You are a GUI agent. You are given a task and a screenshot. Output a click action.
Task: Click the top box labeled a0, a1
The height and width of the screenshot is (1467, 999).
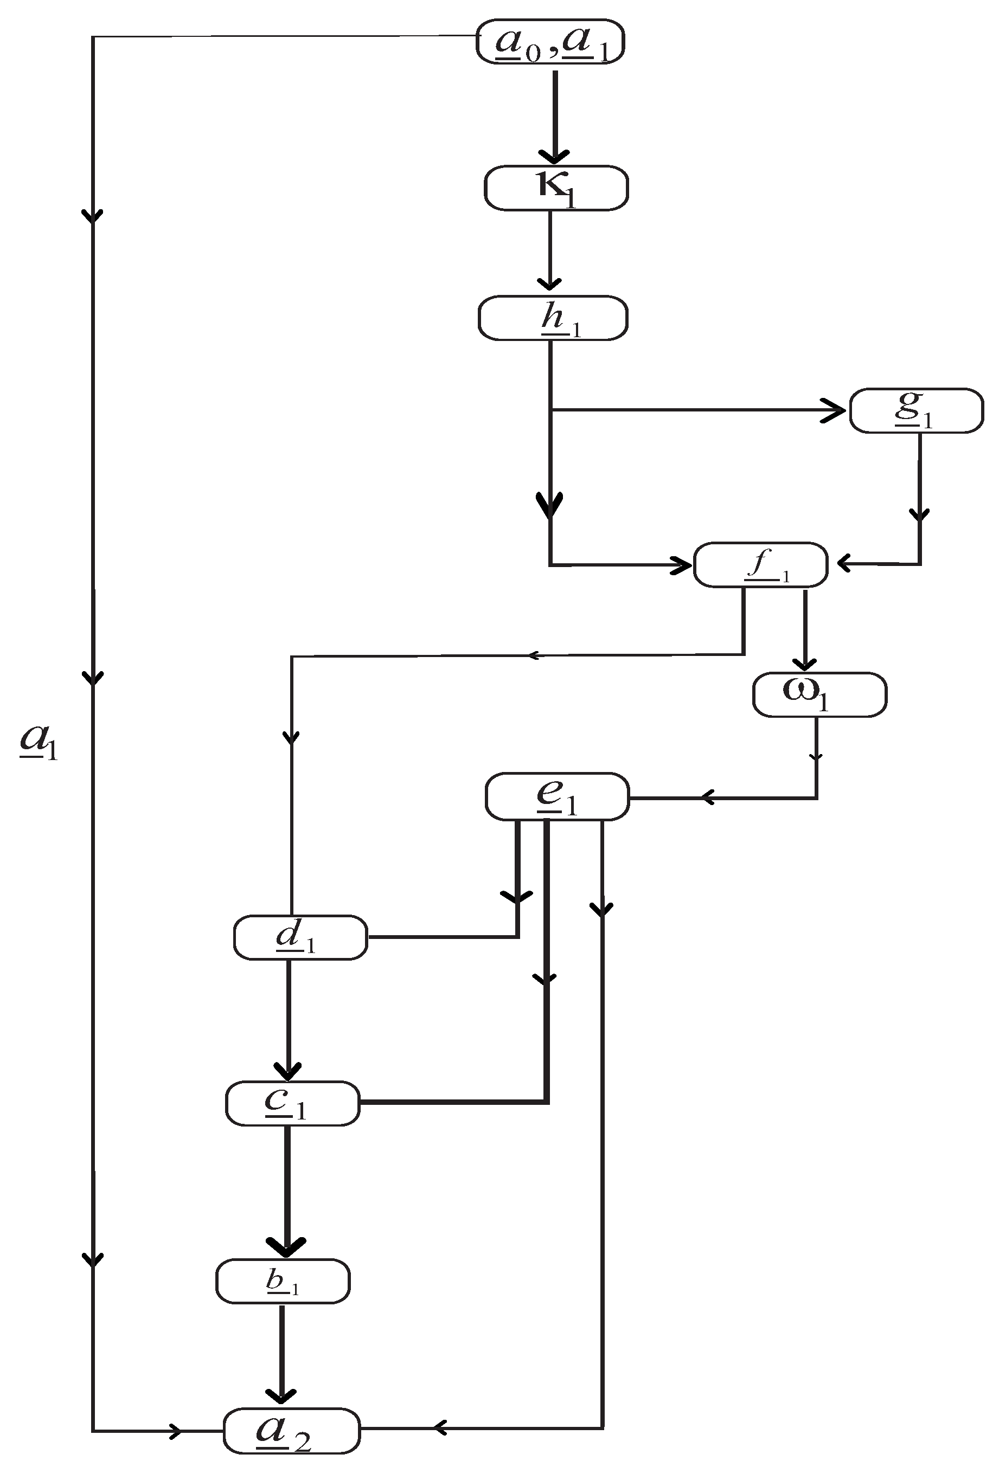(x=550, y=42)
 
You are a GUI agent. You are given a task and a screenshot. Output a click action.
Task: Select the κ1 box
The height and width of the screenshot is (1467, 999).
(x=556, y=188)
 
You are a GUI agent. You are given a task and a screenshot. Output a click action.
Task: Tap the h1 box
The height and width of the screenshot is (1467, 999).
(x=553, y=318)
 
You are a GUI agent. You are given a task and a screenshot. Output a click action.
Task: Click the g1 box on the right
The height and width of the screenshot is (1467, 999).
(x=916, y=411)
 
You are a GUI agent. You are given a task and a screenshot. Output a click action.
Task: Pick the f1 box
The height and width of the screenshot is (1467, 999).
(x=760, y=565)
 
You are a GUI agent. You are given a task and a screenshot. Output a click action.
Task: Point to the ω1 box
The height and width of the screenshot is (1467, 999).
(x=819, y=694)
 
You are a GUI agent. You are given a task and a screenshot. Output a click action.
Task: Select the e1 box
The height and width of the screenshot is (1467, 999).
(x=557, y=796)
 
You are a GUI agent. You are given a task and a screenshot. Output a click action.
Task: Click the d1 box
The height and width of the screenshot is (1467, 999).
(x=300, y=937)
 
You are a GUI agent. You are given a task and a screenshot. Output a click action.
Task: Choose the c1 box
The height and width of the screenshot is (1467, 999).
(x=292, y=1103)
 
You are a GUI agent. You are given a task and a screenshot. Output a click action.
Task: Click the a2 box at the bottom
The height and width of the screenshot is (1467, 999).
(x=291, y=1430)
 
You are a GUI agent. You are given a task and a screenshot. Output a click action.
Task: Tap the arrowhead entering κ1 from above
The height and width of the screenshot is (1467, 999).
(x=554, y=157)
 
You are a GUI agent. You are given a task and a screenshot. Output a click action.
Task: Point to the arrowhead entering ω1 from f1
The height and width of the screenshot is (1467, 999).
(x=804, y=664)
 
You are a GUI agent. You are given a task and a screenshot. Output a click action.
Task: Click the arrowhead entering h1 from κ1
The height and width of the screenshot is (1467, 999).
(x=550, y=284)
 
